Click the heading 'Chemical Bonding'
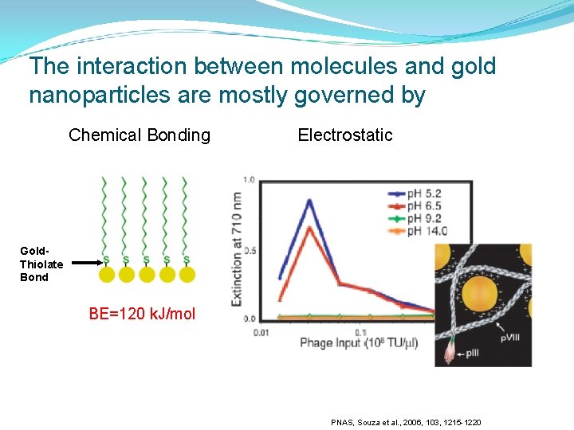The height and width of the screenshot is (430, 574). coord(140,135)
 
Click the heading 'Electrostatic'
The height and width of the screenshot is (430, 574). coord(345,135)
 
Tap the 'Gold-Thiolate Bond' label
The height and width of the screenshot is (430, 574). coord(41,264)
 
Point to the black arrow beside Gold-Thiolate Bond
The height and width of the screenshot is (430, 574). coord(84,260)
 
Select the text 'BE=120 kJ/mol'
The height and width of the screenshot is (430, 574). coord(142,314)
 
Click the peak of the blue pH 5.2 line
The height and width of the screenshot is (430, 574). coord(309,200)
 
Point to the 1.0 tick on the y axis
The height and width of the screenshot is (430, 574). coord(250,180)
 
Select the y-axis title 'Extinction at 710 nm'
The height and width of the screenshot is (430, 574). coord(237,249)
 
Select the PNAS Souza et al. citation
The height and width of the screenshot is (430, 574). coord(406,422)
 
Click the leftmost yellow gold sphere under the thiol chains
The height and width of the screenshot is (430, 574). coord(106,275)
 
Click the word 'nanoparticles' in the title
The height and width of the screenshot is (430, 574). coord(98,96)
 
